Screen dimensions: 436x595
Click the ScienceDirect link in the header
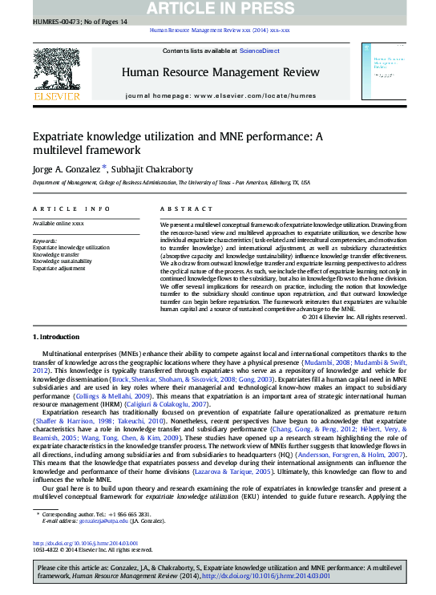(260, 51)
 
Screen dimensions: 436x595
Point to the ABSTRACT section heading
(176, 208)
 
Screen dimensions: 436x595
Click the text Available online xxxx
(58, 223)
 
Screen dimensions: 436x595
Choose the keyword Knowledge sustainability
(62, 261)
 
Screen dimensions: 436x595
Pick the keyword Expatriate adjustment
(59, 268)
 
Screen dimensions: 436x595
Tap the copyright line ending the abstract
(354, 317)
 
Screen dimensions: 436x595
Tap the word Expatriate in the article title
(60, 136)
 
